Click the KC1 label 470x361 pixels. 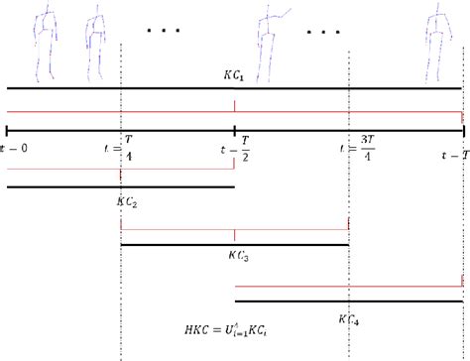[x=234, y=74]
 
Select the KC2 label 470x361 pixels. [x=126, y=200]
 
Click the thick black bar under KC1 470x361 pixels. [x=234, y=88]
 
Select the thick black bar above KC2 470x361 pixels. [x=120, y=186]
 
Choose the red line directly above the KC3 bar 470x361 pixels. [x=234, y=229]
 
